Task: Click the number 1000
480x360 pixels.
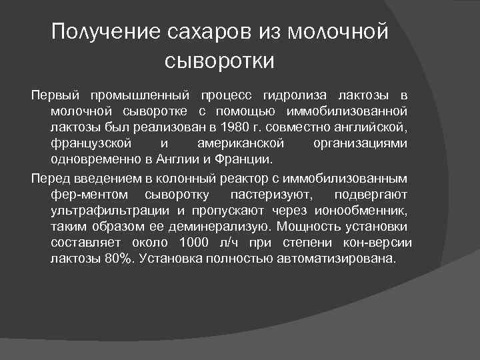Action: [195, 243]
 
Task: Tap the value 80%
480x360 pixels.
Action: [117, 259]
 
